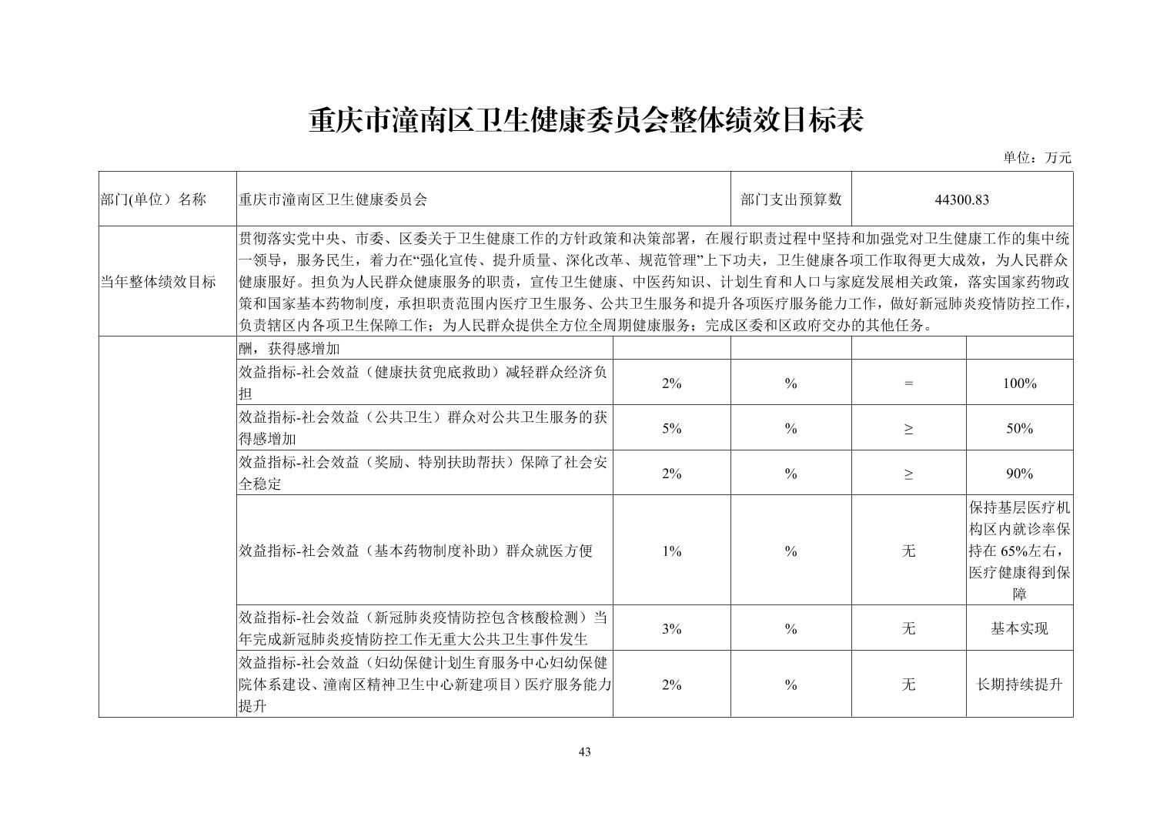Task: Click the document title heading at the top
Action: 585,122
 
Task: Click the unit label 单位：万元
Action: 1036,158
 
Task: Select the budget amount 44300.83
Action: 961,199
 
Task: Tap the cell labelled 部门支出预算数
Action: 791,199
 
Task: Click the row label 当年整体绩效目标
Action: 158,282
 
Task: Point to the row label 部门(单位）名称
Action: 153,199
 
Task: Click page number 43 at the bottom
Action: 584,752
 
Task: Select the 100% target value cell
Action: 1019,383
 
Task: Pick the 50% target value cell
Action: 1019,428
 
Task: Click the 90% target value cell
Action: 1019,474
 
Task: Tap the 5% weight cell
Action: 671,428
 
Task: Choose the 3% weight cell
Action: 671,628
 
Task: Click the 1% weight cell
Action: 671,551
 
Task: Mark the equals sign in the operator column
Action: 908,383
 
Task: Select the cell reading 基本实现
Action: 1019,628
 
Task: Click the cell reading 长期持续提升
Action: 1019,685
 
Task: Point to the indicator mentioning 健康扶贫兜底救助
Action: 423,383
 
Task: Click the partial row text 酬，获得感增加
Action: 289,349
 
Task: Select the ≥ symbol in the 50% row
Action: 908,428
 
